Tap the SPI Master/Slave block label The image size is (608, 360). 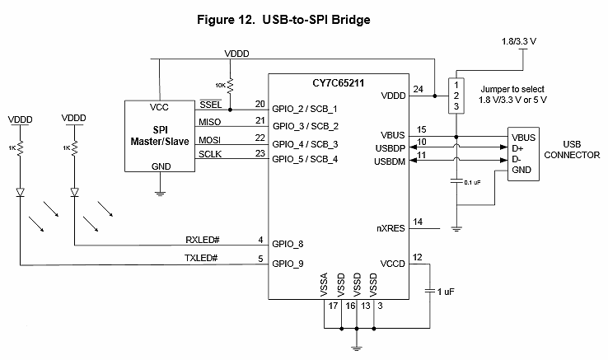click(160, 137)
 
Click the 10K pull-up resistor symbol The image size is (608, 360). click(231, 86)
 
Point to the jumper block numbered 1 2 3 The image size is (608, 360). click(454, 96)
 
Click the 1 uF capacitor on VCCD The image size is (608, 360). click(429, 291)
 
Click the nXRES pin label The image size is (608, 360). click(390, 228)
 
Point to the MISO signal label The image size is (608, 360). click(210, 122)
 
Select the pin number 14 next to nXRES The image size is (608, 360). click(419, 222)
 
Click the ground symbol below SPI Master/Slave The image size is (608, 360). click(159, 192)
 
